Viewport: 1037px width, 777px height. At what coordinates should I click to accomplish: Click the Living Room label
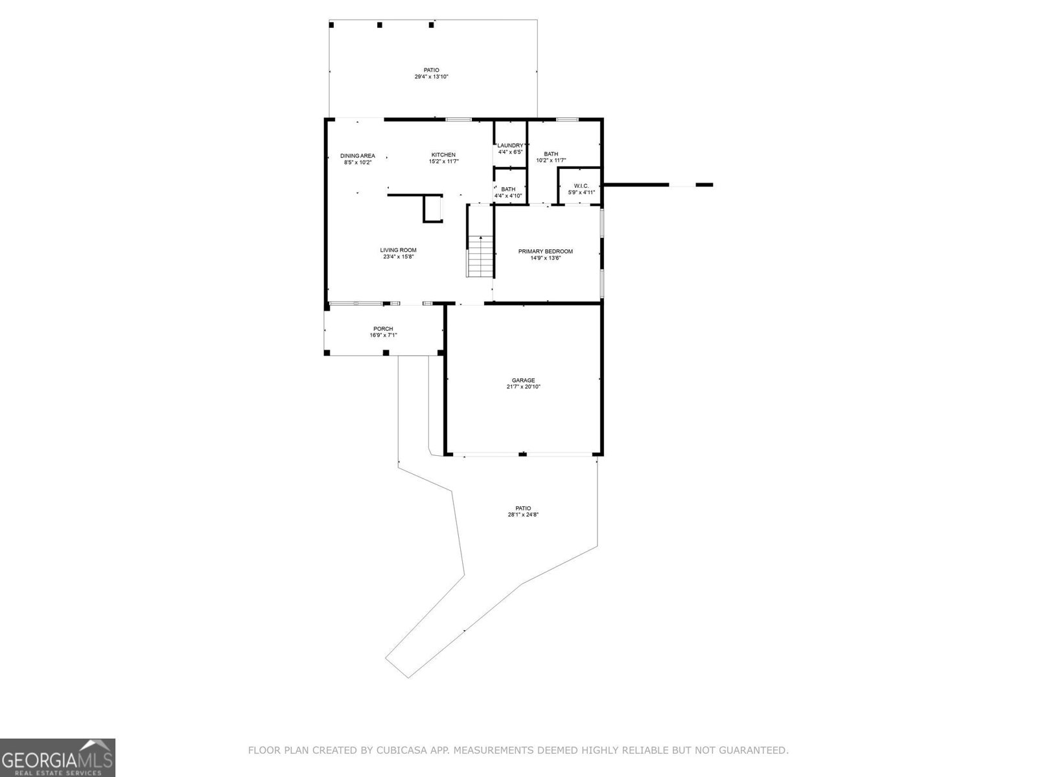click(x=398, y=250)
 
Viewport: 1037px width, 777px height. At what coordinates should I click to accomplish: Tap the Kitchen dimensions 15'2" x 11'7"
click(x=443, y=162)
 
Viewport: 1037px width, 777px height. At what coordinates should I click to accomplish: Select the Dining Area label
click(x=358, y=155)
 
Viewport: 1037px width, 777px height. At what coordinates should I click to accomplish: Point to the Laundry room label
click(x=510, y=145)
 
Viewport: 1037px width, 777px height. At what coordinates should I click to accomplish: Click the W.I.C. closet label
click(x=581, y=185)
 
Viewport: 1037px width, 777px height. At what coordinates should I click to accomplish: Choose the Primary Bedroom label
click(x=545, y=251)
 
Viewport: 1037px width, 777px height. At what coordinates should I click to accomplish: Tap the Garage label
click(x=523, y=380)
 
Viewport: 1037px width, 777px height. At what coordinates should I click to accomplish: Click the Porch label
click(x=383, y=329)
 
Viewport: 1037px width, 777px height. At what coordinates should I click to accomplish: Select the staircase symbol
click(x=480, y=257)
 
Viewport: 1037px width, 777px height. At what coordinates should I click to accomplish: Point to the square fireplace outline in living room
click(x=433, y=208)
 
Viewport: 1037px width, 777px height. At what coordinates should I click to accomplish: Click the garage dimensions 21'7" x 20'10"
click(x=523, y=387)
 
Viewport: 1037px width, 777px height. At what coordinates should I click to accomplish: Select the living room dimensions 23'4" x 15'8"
click(x=398, y=257)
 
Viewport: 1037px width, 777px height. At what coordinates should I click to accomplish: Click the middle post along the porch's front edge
click(x=386, y=353)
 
